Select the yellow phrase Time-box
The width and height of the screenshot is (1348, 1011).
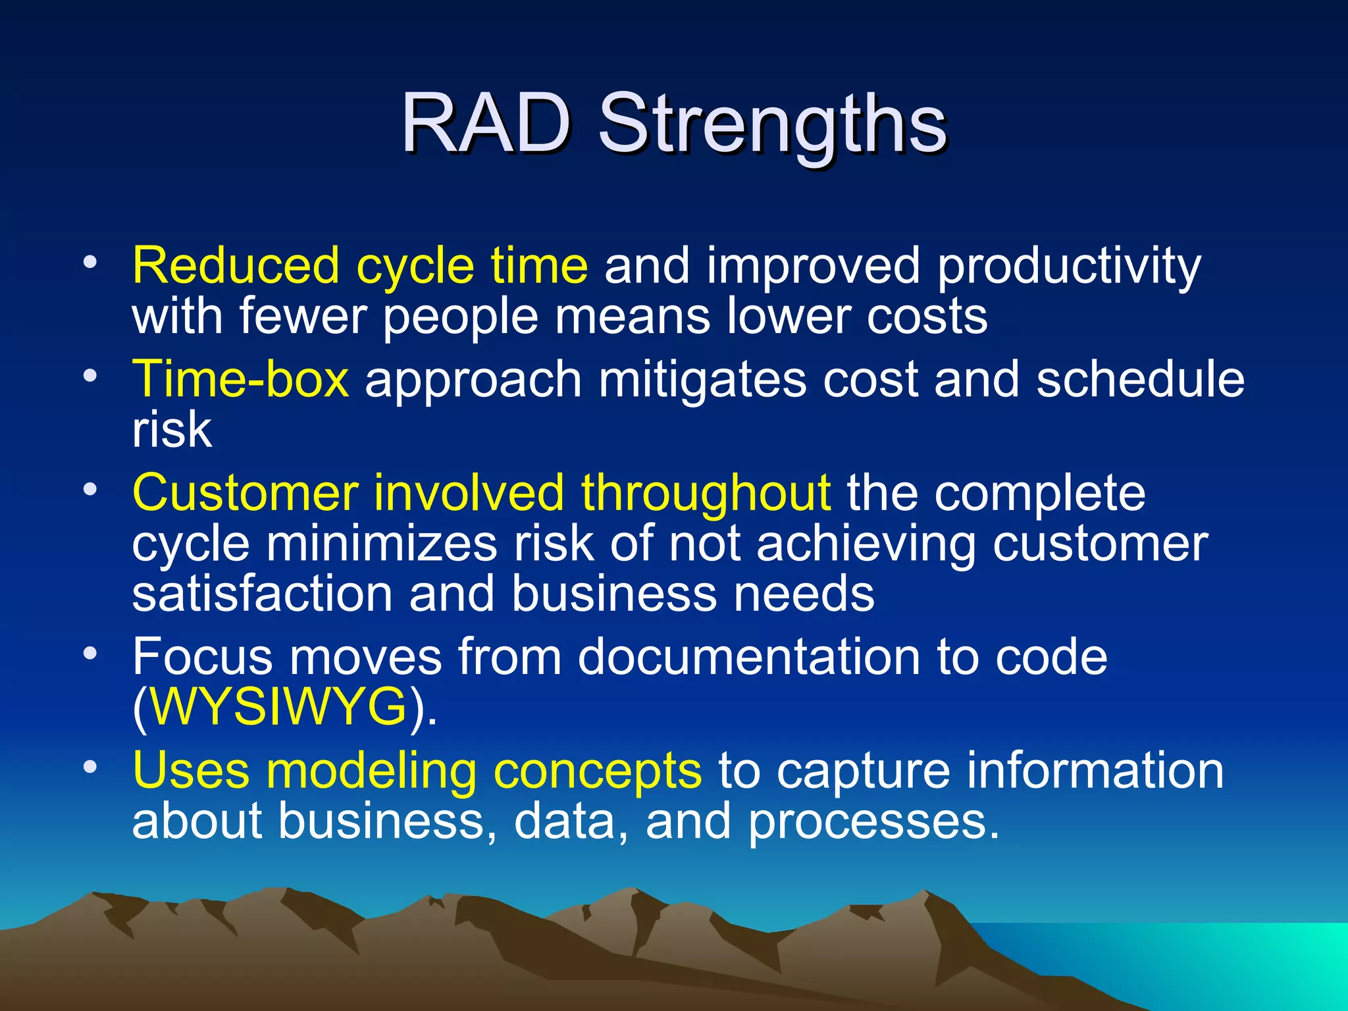tap(240, 380)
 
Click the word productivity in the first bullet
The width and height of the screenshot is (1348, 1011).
tap(1069, 267)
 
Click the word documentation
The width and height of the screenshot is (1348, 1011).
tap(749, 657)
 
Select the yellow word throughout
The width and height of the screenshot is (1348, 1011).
tap(706, 493)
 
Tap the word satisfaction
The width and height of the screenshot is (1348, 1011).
tap(262, 594)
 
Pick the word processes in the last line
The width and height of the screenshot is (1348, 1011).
tap(873, 822)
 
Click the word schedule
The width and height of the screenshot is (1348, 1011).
tap(1140, 380)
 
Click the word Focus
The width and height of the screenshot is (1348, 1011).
tap(202, 657)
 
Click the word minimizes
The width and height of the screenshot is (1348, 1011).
tap(381, 544)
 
